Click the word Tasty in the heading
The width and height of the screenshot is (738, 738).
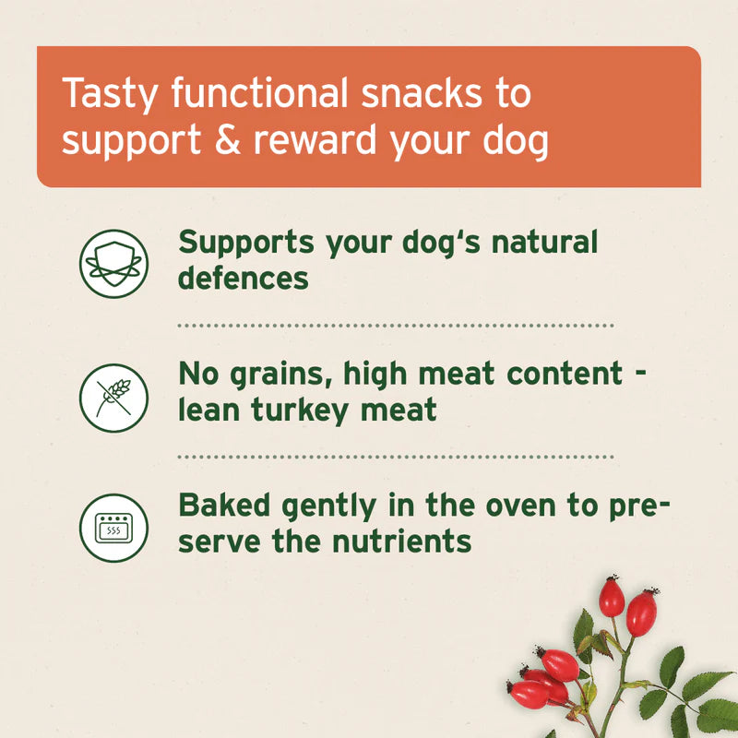[x=101, y=94]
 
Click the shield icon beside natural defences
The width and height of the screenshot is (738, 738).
[x=113, y=263]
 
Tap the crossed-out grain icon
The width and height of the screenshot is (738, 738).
[x=113, y=397]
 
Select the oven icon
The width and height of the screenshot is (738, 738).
[x=113, y=528]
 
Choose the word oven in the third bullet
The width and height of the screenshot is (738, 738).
[x=502, y=506]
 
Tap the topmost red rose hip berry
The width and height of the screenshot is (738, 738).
[x=611, y=596]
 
